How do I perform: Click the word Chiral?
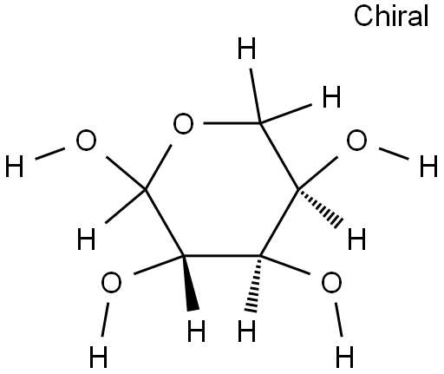(391, 16)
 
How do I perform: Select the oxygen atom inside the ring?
(183, 123)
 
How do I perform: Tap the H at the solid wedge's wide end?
(196, 331)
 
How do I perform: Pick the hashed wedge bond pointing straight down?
(253, 284)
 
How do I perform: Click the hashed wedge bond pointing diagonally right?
(320, 207)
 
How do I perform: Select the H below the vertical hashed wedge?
(246, 331)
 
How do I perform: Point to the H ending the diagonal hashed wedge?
(356, 239)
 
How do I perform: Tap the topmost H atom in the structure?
(246, 49)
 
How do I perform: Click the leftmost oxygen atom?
(86, 140)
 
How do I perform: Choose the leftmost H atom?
(14, 166)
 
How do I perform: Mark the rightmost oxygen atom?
(356, 140)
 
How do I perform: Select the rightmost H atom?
(428, 166)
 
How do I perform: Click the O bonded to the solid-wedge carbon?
(111, 282)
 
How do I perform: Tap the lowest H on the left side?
(99, 357)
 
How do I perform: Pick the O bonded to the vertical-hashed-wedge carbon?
(331, 282)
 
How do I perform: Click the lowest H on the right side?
(344, 357)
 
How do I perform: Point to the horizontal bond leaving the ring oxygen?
(232, 123)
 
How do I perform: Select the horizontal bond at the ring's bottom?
(222, 256)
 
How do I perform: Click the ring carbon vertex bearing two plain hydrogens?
(260, 123)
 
